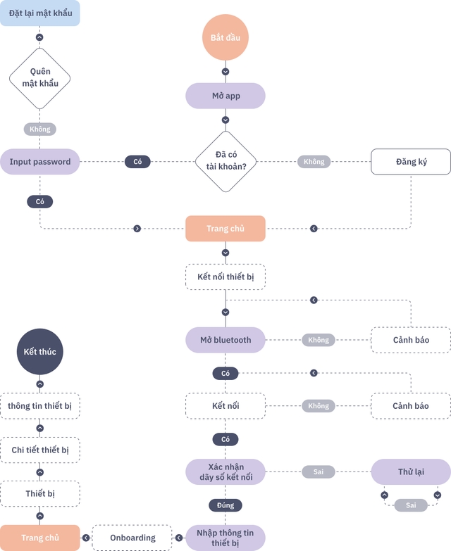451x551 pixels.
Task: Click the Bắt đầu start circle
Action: (225, 37)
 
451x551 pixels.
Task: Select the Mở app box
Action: (225, 96)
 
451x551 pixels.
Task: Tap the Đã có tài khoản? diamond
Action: (225, 161)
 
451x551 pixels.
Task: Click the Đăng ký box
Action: (411, 162)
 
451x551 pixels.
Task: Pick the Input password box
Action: (40, 162)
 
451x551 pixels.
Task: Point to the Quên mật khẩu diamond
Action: (39, 77)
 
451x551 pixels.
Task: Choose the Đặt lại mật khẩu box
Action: (40, 13)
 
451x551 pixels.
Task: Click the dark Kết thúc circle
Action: (39, 351)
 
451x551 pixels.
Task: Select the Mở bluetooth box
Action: (225, 340)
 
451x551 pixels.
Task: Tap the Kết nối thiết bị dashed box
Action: (225, 277)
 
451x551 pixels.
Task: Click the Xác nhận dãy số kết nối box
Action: (225, 472)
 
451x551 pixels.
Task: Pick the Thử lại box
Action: (411, 471)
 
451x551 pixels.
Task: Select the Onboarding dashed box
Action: (132, 538)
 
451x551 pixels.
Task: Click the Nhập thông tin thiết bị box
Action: (225, 538)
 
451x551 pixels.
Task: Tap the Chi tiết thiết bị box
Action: (40, 450)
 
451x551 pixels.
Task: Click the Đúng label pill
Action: (225, 505)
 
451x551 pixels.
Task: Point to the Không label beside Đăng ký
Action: (314, 162)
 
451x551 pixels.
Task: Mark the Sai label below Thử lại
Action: (411, 505)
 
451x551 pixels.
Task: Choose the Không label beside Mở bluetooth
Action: (319, 340)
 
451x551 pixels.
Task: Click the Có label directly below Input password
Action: (40, 202)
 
